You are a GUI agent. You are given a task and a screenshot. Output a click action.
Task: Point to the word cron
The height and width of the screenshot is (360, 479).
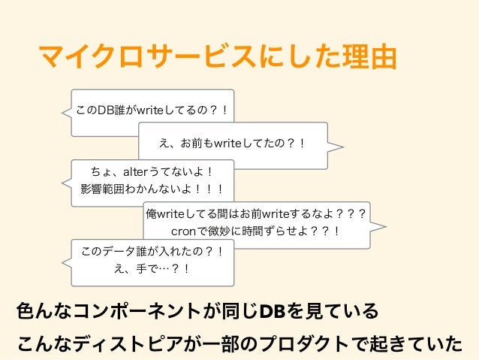point(186,231)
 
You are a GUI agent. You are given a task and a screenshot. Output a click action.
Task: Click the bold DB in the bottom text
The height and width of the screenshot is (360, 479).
point(274,310)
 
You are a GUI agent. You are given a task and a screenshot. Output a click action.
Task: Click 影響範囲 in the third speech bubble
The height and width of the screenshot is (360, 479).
point(105,189)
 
